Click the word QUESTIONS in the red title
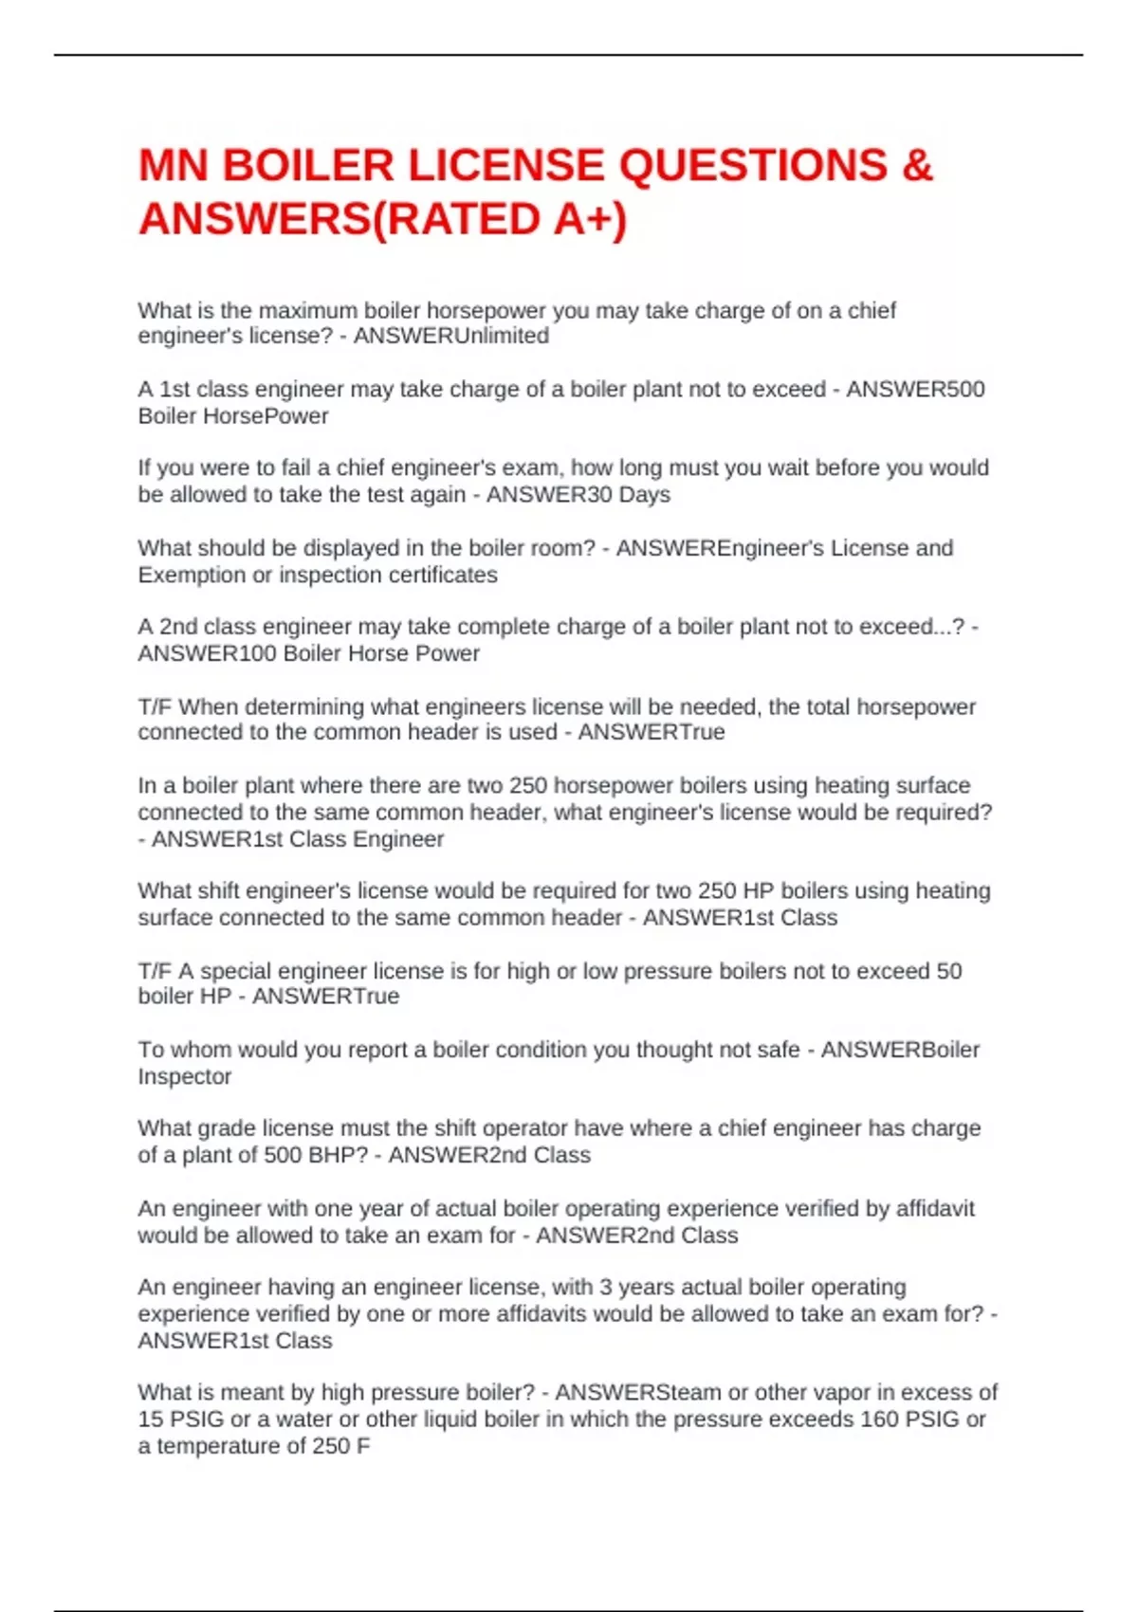753,166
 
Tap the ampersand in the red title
917,166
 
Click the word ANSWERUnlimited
451,337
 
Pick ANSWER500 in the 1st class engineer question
915,390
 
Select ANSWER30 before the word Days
549,495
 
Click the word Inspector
184,1077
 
